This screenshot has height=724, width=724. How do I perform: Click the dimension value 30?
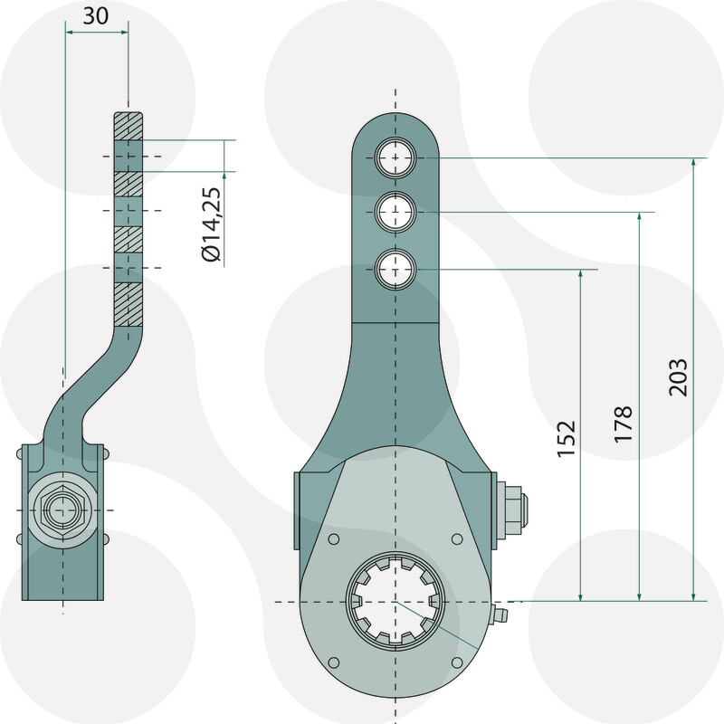pos(96,15)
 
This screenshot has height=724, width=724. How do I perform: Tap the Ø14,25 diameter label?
pos(212,224)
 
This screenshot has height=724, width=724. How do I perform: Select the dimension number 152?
pos(567,439)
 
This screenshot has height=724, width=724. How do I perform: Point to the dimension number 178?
pos(623,424)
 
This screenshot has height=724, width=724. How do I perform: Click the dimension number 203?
pos(678,377)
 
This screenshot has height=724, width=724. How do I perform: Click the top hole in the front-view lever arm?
pos(395,157)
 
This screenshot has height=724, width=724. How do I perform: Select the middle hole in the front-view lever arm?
pos(395,212)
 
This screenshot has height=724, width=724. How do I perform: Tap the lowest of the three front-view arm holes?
pos(395,269)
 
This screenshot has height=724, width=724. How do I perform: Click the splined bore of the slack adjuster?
pos(395,602)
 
